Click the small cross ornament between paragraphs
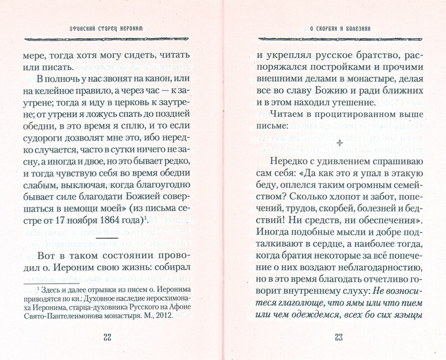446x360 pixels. click(340, 142)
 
